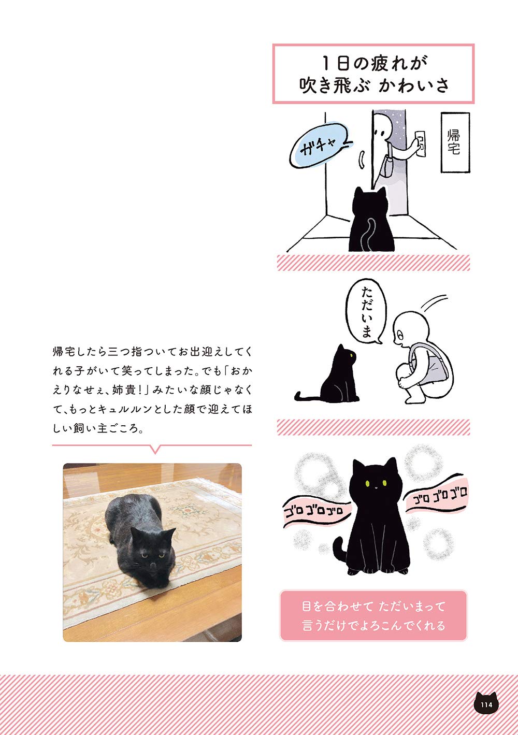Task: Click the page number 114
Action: (486, 704)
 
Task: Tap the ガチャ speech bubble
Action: (317, 148)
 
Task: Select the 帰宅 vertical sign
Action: (454, 142)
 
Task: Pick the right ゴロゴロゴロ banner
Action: (439, 498)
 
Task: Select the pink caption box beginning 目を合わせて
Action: (373, 615)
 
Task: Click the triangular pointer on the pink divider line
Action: (154, 449)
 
